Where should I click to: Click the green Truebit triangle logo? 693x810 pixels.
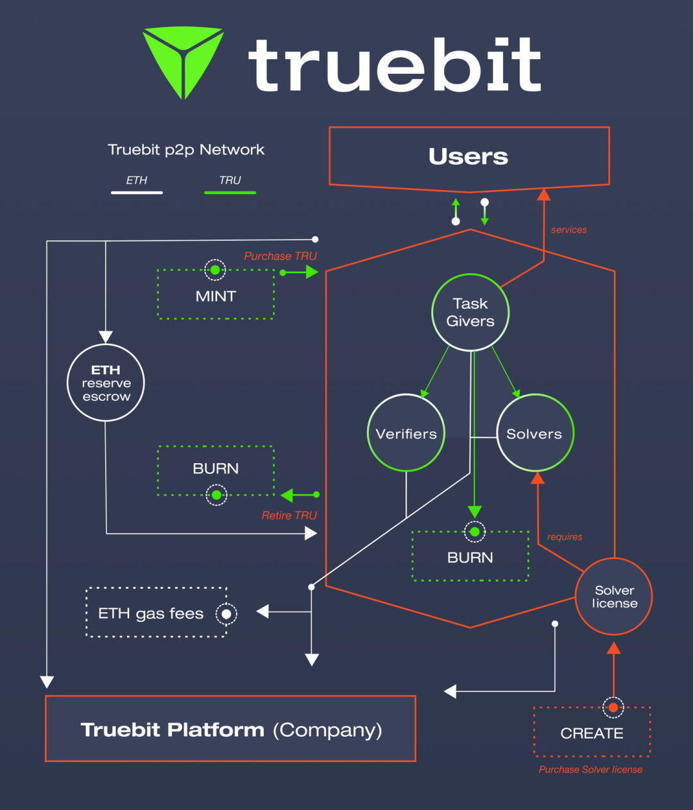click(183, 58)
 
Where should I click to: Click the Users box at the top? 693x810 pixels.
click(468, 157)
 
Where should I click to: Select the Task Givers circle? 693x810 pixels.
click(470, 313)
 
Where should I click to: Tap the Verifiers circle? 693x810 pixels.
click(406, 434)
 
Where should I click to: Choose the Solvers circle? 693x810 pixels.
click(535, 434)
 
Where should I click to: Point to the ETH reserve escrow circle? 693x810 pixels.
click(106, 383)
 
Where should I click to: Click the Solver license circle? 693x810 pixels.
click(614, 597)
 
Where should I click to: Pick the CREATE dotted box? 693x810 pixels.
click(592, 733)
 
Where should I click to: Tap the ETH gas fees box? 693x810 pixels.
click(157, 613)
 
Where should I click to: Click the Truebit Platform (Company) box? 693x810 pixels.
click(230, 730)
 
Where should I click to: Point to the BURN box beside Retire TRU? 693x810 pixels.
click(216, 470)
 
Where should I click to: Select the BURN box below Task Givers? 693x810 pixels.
click(470, 557)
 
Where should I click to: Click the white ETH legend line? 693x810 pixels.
click(137, 192)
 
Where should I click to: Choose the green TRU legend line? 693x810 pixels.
click(230, 192)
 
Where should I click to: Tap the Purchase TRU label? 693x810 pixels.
click(280, 256)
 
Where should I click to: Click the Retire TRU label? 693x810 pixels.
click(289, 515)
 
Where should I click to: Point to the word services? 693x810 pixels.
click(569, 230)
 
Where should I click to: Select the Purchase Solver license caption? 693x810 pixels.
click(590, 770)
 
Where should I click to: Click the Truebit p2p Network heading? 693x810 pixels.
click(186, 150)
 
